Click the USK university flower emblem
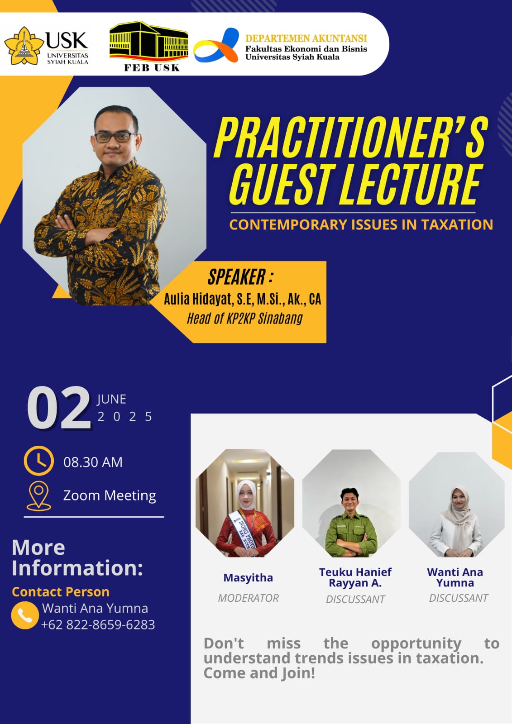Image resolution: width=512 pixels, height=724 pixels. pos(24,46)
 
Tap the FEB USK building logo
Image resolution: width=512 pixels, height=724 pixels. pos(149,46)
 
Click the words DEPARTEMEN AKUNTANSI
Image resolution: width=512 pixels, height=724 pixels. pos(306,38)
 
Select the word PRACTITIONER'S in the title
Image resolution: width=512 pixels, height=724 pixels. pos(350,137)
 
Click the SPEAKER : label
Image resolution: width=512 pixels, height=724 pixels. pos(240,277)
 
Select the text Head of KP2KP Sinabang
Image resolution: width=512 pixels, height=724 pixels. pos(245,319)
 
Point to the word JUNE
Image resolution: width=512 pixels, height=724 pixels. pos(111,399)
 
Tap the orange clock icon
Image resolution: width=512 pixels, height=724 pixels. pos(39,461)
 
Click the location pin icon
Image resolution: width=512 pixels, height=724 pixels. pos(38,496)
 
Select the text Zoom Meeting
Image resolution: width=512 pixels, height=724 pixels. pos(110,495)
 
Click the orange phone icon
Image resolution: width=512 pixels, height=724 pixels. pos(25,615)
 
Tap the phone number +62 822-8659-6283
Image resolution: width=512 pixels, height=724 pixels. pos(98,625)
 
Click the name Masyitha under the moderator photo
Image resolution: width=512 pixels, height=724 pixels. pos(248,577)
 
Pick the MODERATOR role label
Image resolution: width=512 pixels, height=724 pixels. pos(248,598)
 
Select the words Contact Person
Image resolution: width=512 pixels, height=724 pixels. pos(61,592)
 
